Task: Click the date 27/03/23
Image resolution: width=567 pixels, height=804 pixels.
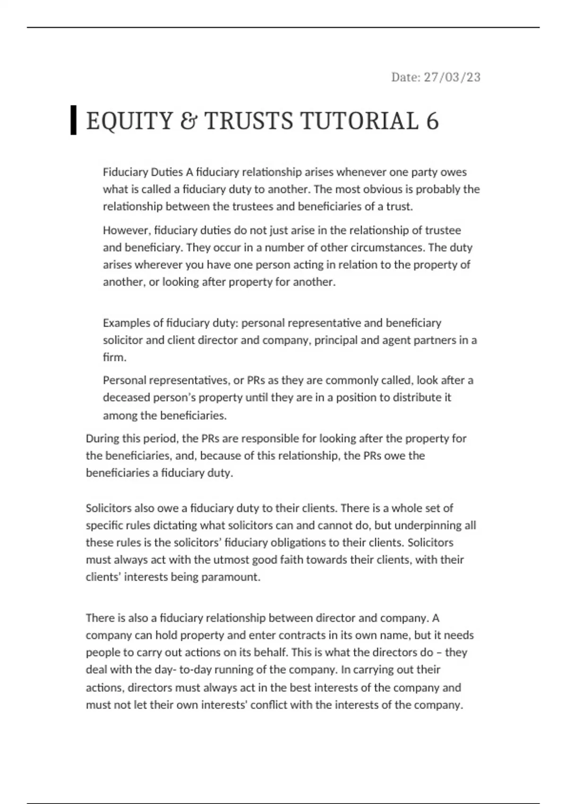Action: pos(452,77)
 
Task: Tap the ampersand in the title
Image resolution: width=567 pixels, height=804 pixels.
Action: pos(189,121)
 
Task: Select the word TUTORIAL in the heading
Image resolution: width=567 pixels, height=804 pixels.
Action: pos(359,121)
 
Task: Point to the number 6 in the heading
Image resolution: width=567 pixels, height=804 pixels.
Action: pos(432,121)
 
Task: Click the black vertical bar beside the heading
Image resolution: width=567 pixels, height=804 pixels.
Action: pos(73,121)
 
